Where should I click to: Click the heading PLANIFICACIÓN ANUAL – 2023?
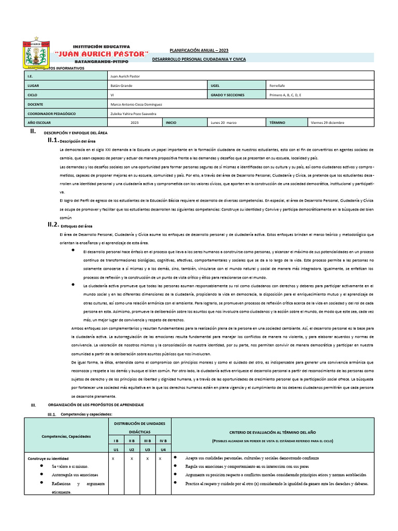198,50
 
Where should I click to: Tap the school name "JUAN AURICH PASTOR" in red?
102,54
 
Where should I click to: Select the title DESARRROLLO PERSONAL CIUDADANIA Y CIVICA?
198,60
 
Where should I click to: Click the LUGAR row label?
33,86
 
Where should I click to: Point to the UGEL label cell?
216,86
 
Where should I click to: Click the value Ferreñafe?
280,86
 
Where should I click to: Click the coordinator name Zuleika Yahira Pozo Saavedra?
133,114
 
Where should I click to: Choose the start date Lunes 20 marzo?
224,123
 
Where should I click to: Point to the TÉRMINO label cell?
278,123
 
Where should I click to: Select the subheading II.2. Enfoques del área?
76,226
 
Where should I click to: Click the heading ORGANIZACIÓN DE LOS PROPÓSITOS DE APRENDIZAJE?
96,404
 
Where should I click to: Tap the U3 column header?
147,449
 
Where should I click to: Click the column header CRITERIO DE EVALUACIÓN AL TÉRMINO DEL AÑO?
273,432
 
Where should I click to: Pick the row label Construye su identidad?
48,458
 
